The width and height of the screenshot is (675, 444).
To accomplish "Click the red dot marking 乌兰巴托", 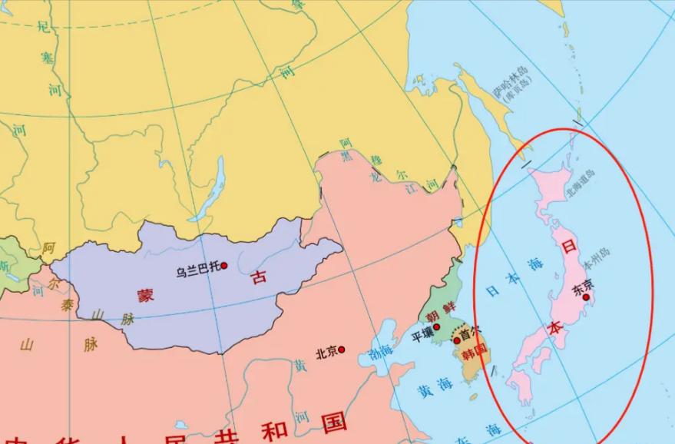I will pos(224,266).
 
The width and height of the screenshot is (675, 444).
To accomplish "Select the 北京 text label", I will pos(326,352).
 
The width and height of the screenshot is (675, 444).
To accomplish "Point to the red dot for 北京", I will pos(342,350).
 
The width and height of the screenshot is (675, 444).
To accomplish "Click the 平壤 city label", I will pos(422,334).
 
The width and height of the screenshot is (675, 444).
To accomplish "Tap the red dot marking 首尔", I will pos(457,340).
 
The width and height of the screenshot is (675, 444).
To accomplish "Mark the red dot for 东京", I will pos(587,297).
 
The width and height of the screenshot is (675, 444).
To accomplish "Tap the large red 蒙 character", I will pos(146,294).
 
